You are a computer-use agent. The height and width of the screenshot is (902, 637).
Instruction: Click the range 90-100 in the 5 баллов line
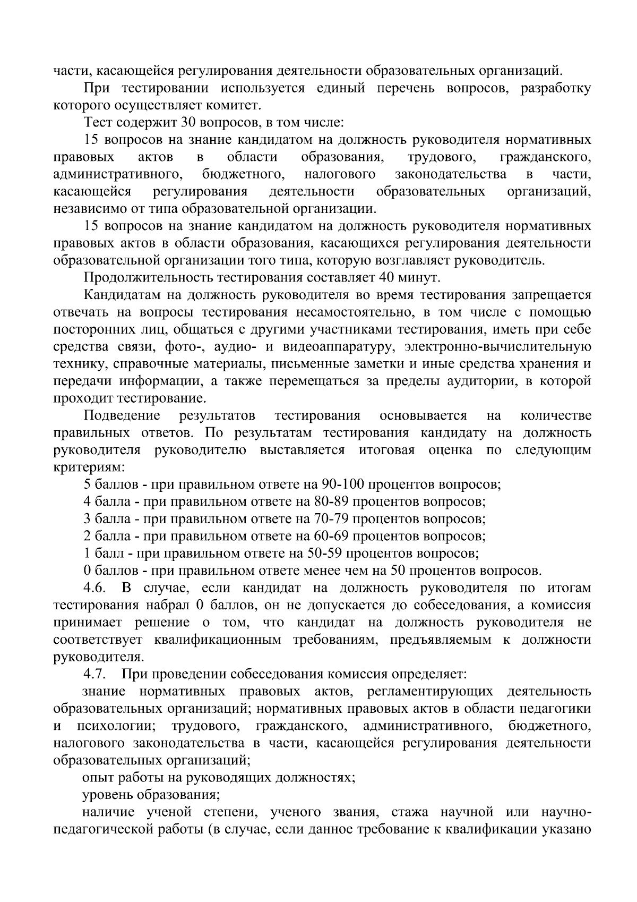[x=343, y=484]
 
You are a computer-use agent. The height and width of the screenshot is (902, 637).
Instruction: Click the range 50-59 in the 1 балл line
[x=325, y=554]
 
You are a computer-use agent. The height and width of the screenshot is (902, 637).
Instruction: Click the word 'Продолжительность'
[x=139, y=277]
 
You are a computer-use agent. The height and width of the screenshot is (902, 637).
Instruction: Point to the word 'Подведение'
[x=122, y=415]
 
